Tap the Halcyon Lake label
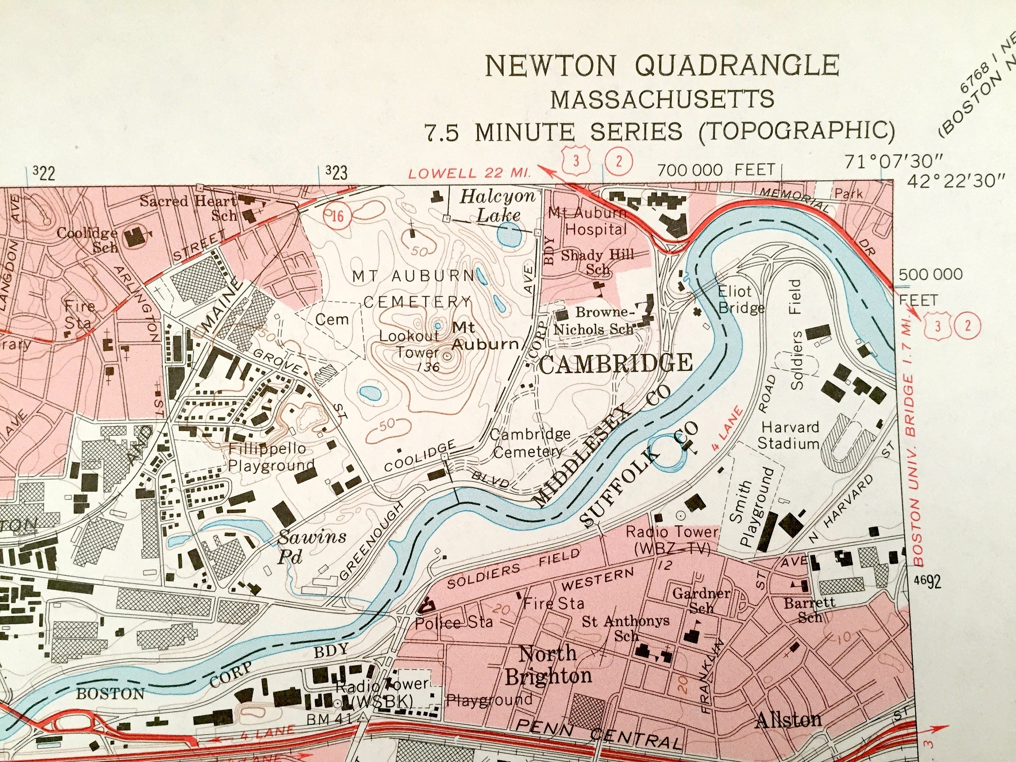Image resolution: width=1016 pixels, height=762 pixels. [499, 206]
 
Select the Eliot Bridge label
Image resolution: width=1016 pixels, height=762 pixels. [735, 299]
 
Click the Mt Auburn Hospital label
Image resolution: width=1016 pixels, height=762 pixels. [595, 221]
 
